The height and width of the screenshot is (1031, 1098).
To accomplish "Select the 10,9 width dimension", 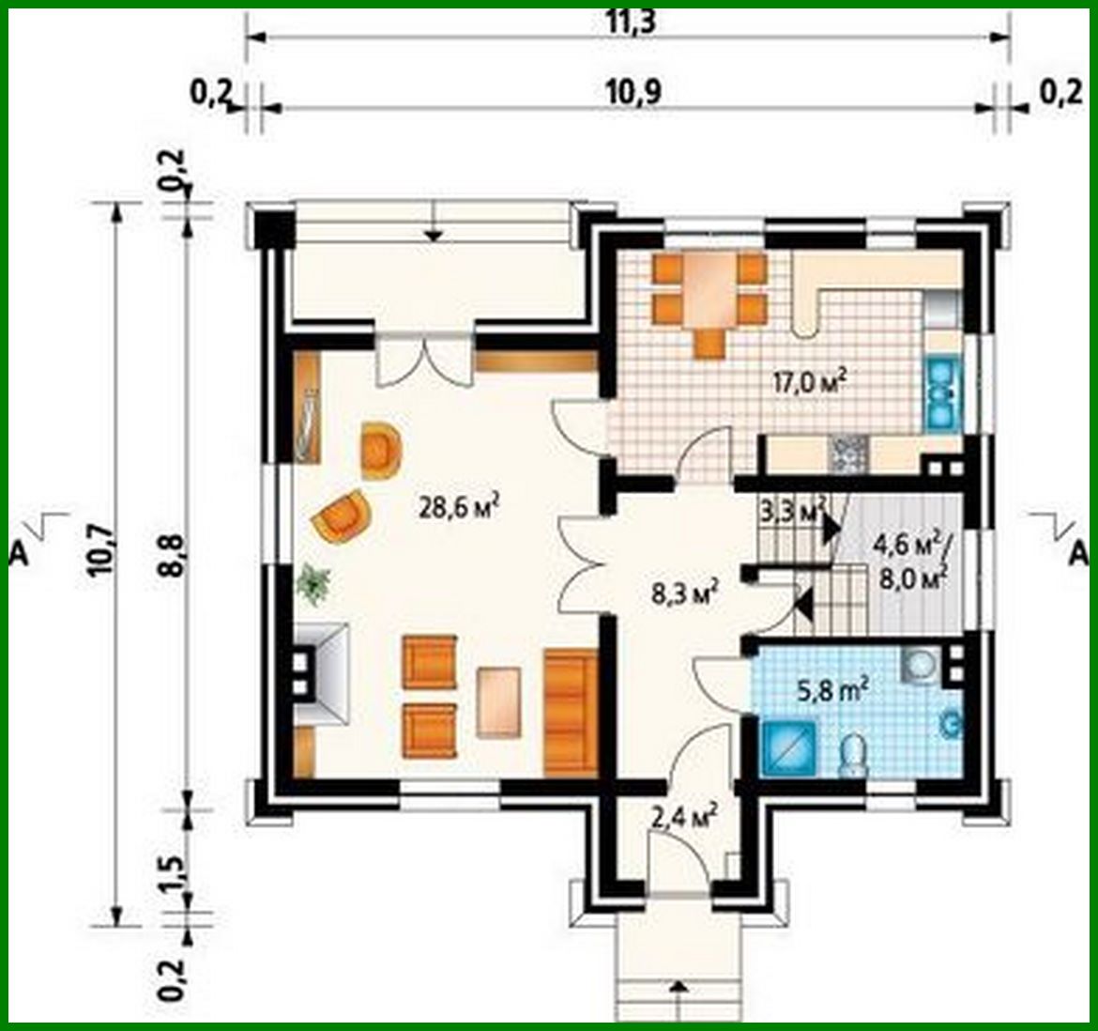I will [629, 91].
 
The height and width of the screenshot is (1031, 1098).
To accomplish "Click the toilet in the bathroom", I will [853, 756].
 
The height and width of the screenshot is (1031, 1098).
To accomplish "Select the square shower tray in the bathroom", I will [785, 749].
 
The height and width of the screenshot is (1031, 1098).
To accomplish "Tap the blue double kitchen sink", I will [940, 392].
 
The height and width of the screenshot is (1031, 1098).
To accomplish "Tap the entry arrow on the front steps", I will [678, 988].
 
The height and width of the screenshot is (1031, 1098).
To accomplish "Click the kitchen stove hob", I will [848, 454].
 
